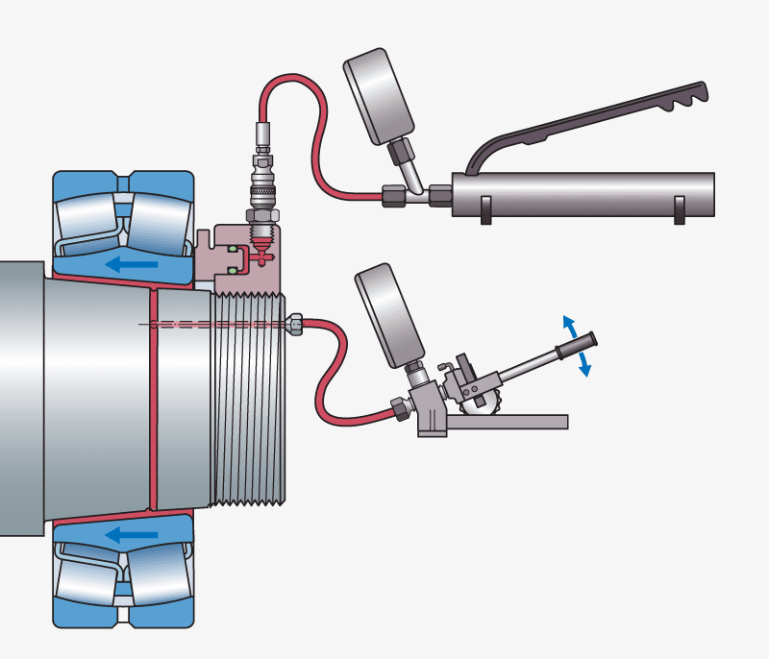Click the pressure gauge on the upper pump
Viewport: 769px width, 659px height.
pyautogui.click(x=378, y=98)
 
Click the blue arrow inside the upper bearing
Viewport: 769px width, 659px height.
pyautogui.click(x=131, y=263)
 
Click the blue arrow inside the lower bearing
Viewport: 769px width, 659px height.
pyautogui.click(x=131, y=533)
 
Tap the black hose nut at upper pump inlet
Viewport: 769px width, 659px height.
pyautogui.click(x=393, y=196)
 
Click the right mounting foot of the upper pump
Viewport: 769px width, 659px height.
pyautogui.click(x=681, y=210)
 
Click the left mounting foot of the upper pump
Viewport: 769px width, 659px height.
pyautogui.click(x=486, y=210)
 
